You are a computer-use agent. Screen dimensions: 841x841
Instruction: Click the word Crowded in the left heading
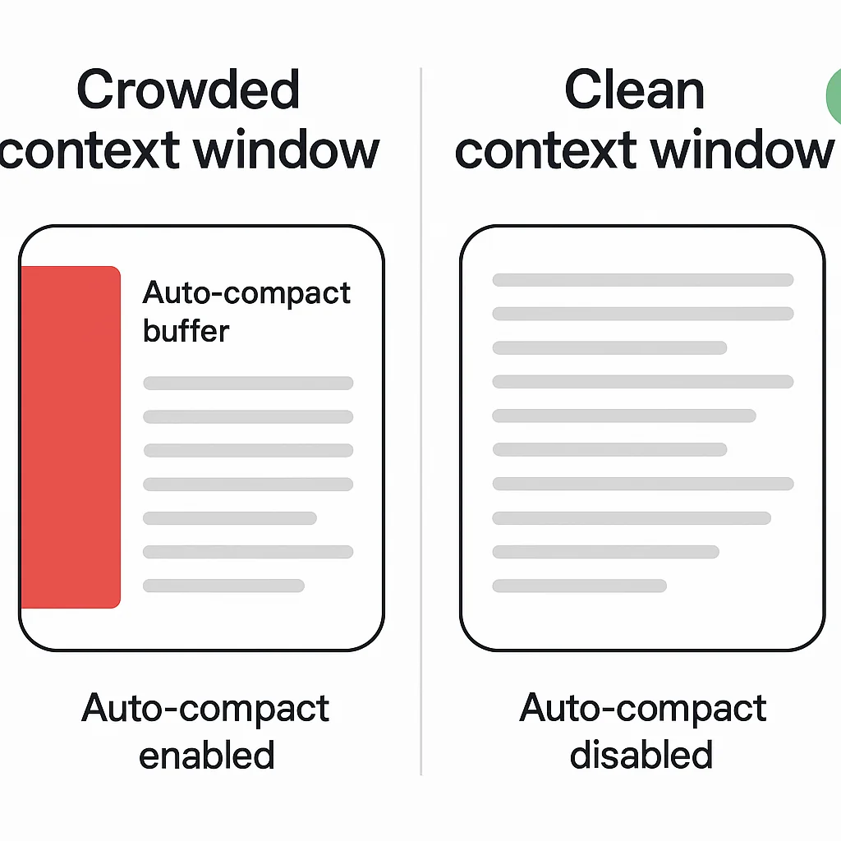(x=188, y=90)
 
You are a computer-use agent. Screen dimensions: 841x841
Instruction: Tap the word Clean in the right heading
(x=634, y=90)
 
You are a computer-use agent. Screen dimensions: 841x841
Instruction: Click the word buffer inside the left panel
(x=186, y=331)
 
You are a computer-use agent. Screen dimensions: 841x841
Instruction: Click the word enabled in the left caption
(x=206, y=755)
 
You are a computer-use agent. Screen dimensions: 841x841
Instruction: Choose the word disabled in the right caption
(x=641, y=755)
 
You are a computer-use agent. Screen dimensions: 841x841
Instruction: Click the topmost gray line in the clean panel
(x=642, y=280)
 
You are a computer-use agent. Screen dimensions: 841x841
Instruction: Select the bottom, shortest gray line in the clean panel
(x=579, y=586)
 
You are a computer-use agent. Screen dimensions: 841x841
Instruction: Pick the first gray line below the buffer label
(x=248, y=383)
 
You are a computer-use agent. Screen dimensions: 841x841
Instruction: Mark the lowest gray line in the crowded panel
(x=223, y=586)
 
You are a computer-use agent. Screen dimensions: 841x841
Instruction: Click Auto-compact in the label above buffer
(x=246, y=293)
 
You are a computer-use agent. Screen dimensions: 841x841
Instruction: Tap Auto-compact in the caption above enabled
(x=205, y=709)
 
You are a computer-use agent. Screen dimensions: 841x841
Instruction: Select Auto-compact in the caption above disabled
(x=643, y=709)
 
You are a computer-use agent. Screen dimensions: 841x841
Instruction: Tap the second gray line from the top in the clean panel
(x=642, y=314)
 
